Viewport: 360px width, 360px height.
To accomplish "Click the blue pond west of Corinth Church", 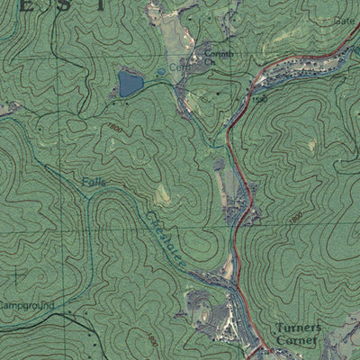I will pyautogui.click(x=130, y=85).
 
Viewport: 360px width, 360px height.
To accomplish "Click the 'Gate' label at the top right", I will pyautogui.click(x=345, y=20).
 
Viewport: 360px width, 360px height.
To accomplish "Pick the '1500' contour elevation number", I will pyautogui.click(x=261, y=100).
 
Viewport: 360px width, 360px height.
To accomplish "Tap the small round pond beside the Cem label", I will pyautogui.click(x=160, y=71).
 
